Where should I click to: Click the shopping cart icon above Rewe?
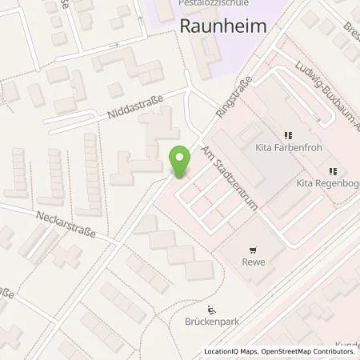[254, 249]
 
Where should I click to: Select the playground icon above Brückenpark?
[212, 311]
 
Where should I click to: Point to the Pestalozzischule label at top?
[205, 4]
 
